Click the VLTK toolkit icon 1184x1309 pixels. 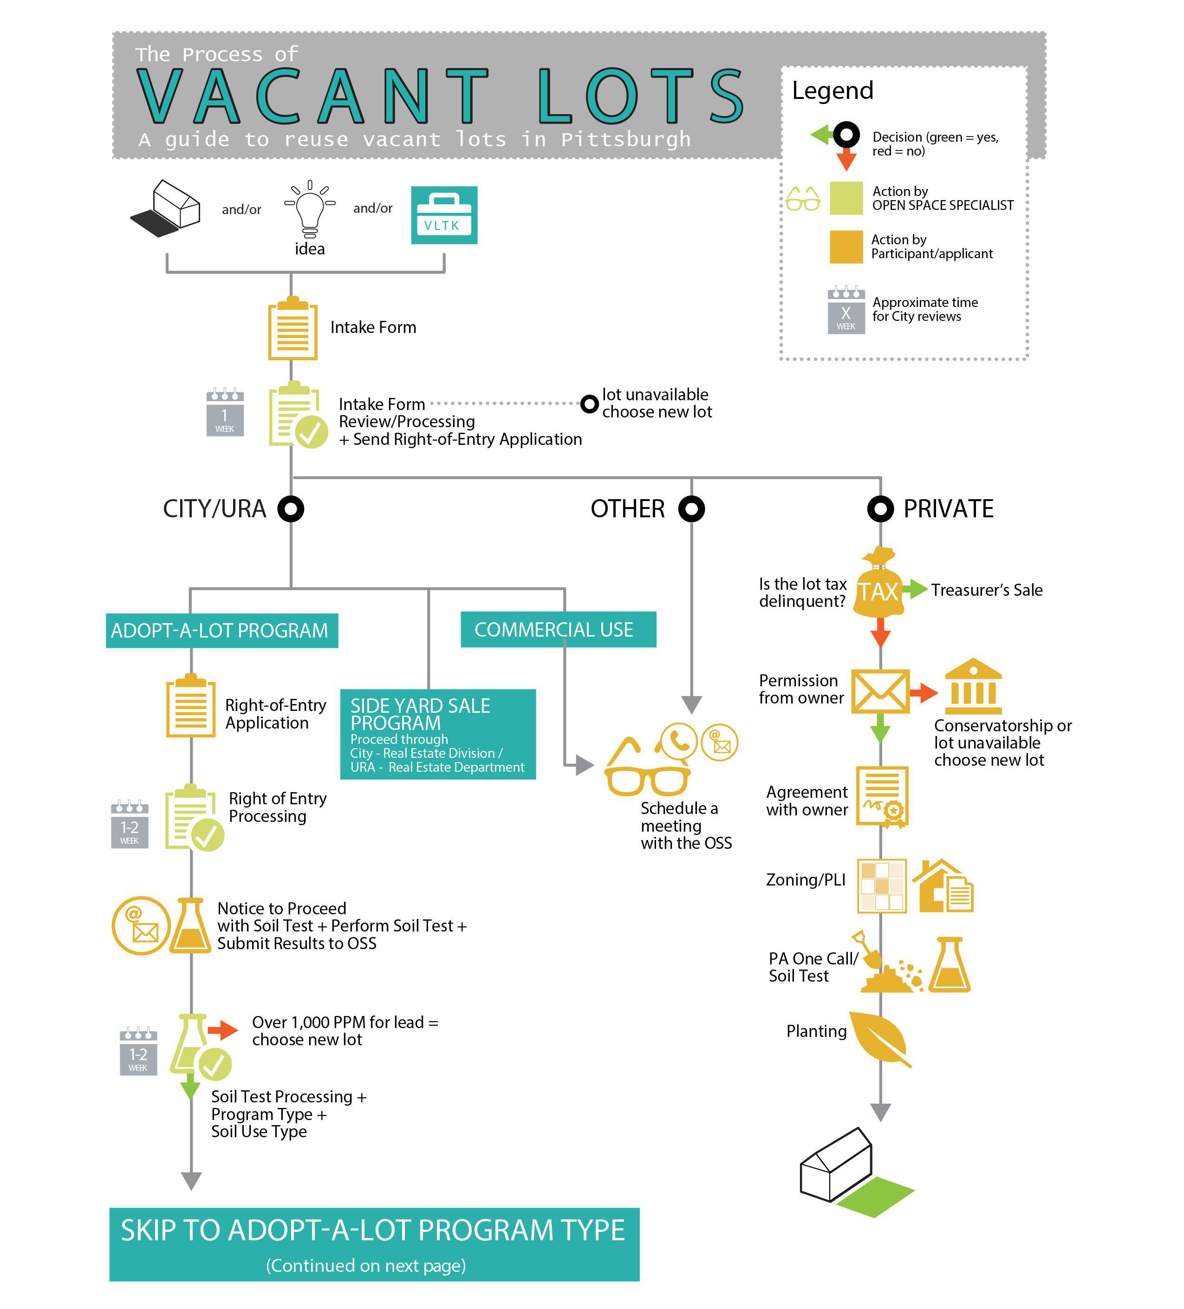(x=444, y=215)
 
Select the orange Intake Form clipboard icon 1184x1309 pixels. (x=293, y=329)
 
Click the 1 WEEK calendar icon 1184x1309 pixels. (x=225, y=412)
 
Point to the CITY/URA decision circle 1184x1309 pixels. (x=291, y=508)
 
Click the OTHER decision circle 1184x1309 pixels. (x=691, y=508)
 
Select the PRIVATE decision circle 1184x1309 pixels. (x=880, y=508)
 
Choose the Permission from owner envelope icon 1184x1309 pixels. (x=880, y=691)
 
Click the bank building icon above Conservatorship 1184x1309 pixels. (x=973, y=686)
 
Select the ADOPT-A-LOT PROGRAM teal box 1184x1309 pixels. (x=222, y=631)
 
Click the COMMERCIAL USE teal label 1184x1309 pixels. (x=558, y=629)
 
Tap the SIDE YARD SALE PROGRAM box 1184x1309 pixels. (x=438, y=734)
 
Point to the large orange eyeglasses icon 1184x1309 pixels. (x=647, y=768)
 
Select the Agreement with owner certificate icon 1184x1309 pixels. (x=882, y=797)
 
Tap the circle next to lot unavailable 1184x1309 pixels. (x=589, y=404)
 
